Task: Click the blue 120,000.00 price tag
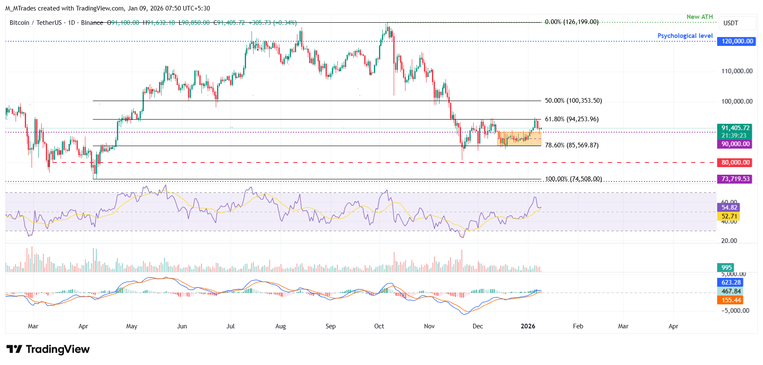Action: point(737,41)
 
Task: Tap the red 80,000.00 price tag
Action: point(735,163)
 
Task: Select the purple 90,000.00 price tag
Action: point(735,144)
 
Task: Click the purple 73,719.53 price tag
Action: point(735,179)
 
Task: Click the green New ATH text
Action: point(699,17)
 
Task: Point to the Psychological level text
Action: point(685,36)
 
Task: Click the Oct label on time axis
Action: point(379,326)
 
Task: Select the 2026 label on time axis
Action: point(528,326)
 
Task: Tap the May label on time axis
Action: point(132,326)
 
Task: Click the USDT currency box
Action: point(731,23)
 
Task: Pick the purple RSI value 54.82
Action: point(729,208)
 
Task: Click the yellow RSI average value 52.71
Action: point(729,216)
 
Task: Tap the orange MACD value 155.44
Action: point(731,300)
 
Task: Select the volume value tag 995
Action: point(726,268)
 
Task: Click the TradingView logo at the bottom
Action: point(48,349)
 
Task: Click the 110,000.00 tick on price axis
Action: point(737,71)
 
